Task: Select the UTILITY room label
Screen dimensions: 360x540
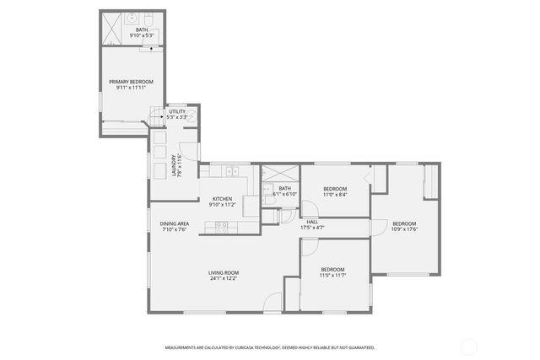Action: click(177, 111)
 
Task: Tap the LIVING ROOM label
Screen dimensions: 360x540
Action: click(224, 271)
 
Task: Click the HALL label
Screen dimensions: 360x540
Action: click(312, 222)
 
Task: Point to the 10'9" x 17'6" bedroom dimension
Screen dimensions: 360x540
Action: click(405, 228)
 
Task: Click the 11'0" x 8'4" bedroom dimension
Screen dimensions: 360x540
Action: click(335, 194)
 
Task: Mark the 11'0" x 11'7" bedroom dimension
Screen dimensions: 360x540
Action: click(332, 275)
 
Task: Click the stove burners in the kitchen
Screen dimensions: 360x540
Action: click(221, 224)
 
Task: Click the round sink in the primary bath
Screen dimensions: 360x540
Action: click(132, 17)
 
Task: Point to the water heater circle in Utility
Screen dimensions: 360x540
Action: click(192, 116)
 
